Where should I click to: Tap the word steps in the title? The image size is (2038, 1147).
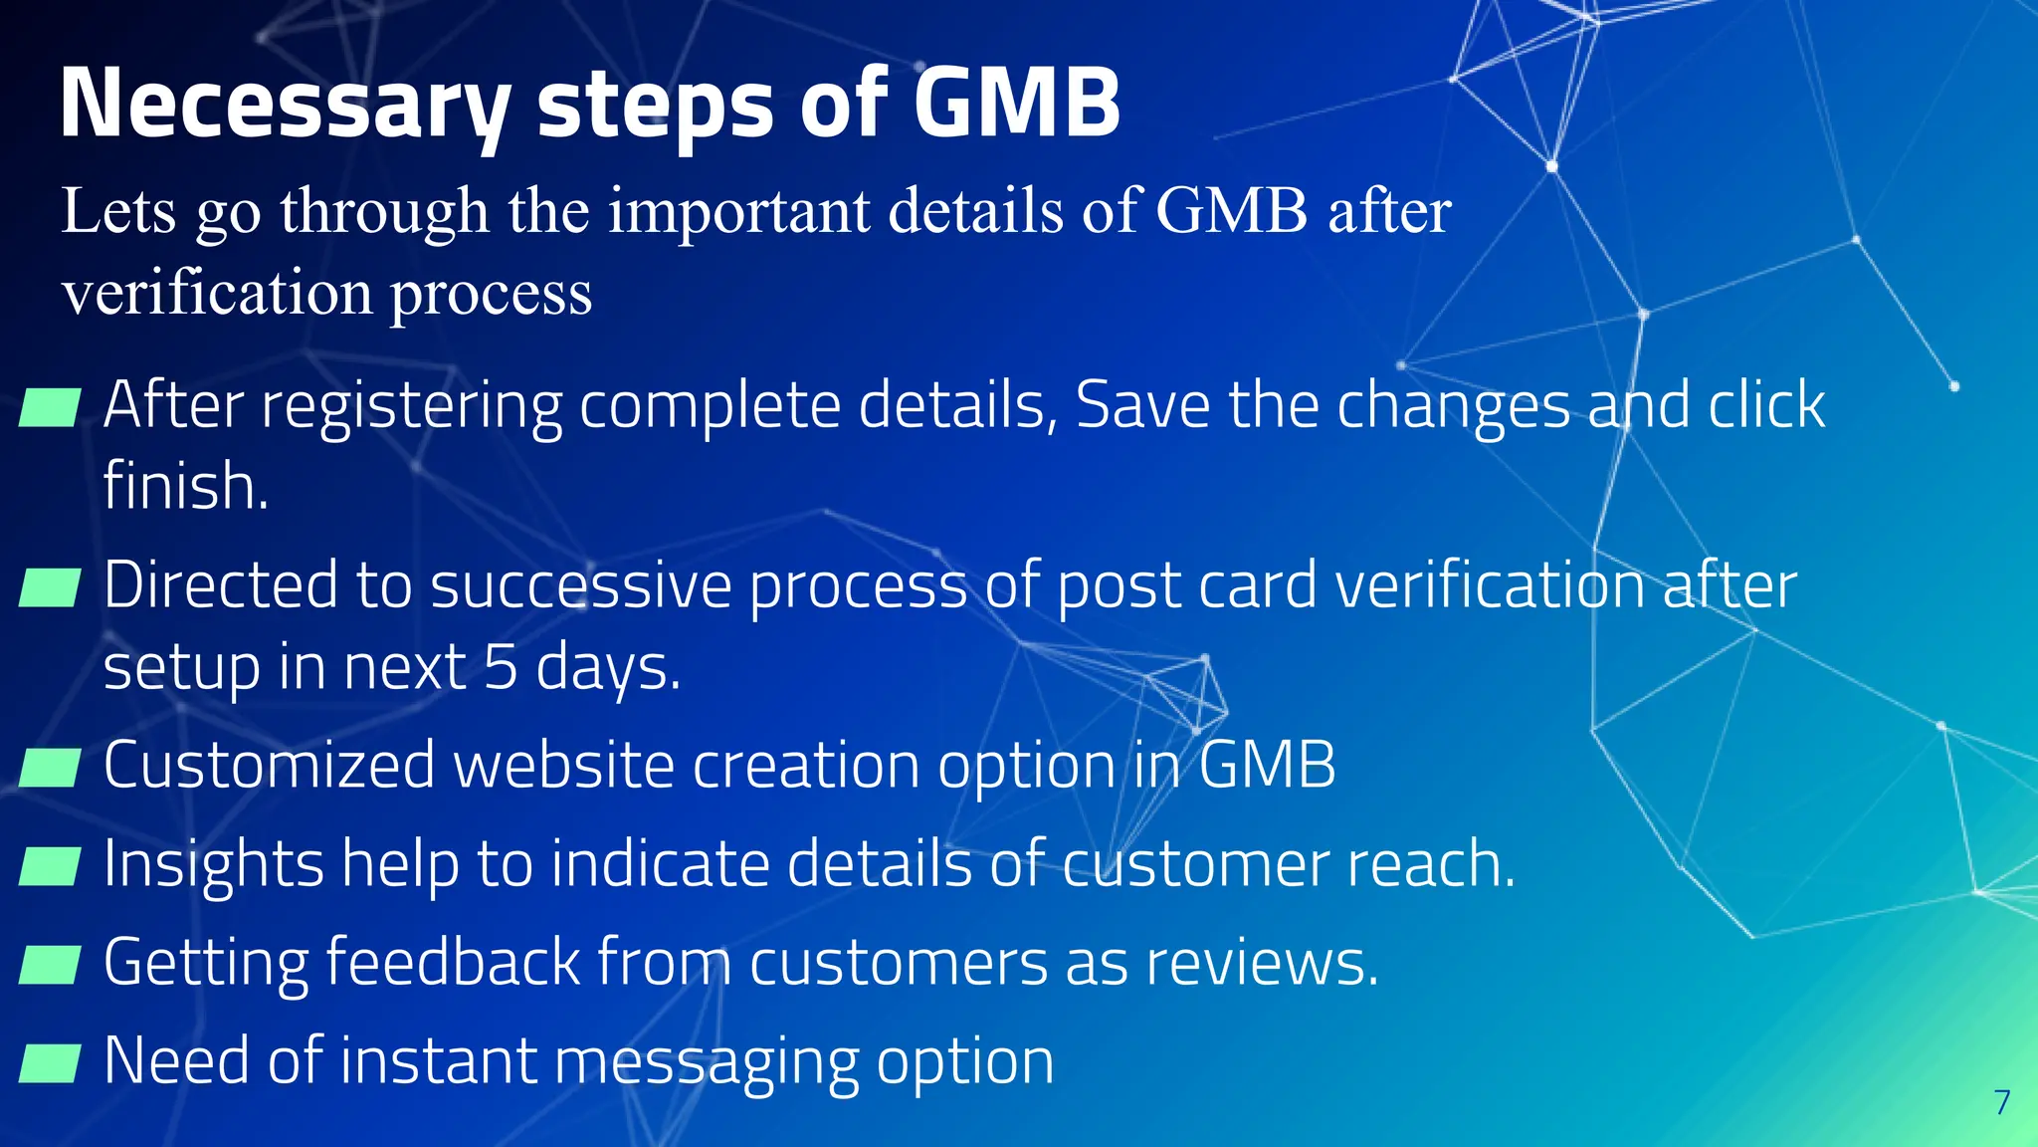point(655,105)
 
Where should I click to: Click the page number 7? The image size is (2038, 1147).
point(2002,1102)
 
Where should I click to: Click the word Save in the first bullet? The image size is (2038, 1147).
point(1142,405)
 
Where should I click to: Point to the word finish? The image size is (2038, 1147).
point(185,486)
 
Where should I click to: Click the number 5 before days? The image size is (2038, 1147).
point(501,667)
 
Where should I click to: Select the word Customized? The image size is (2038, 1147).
point(269,766)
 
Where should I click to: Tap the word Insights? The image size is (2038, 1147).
point(213,864)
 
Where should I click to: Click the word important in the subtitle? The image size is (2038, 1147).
point(738,212)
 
